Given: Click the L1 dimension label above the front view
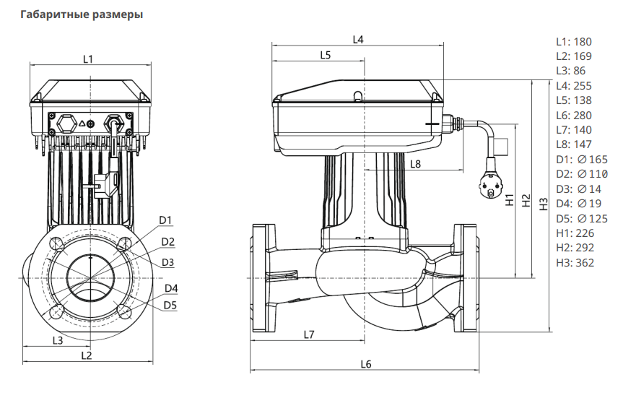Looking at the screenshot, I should (x=87, y=58).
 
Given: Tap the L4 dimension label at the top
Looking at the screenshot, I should (x=357, y=39).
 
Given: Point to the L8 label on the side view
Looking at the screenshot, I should (x=415, y=164).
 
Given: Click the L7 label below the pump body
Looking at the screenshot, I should (x=308, y=334).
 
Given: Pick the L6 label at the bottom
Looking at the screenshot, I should (x=365, y=365).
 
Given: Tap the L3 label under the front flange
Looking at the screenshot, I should (x=58, y=339).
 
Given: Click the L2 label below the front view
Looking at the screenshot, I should (x=86, y=355).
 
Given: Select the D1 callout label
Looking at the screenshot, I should (x=165, y=220).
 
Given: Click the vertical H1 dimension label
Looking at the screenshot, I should (x=509, y=200).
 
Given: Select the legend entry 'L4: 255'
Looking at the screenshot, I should (x=573, y=85).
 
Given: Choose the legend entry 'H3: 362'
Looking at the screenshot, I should (x=575, y=262).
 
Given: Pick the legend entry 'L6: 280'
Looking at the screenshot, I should (x=573, y=115).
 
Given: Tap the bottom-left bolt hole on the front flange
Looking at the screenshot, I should (x=56, y=313).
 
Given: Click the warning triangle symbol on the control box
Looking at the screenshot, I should (x=83, y=124).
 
